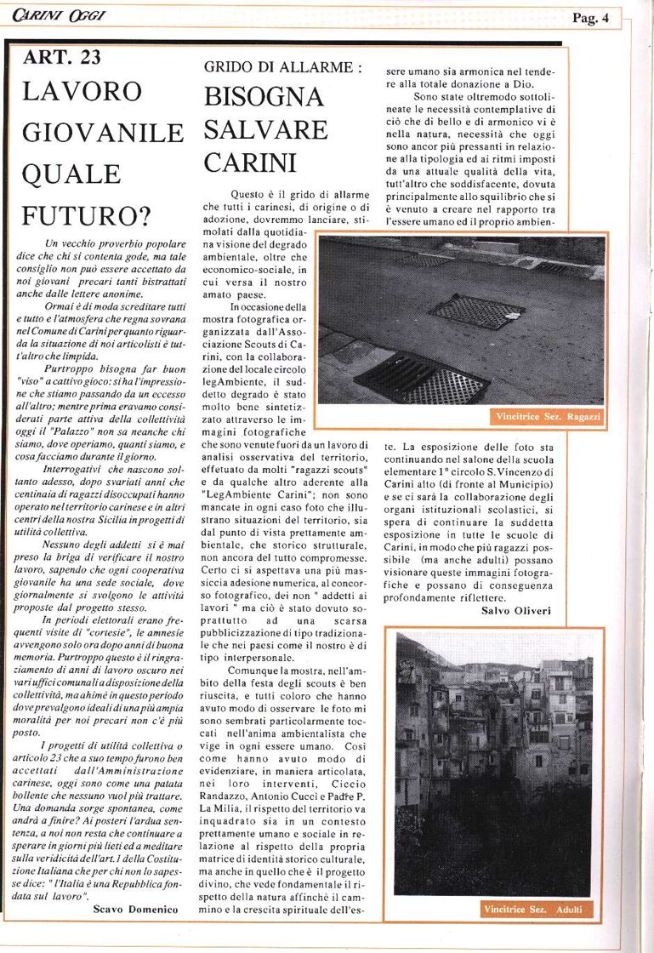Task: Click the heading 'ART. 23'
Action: (x=62, y=57)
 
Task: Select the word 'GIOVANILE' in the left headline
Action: (x=103, y=133)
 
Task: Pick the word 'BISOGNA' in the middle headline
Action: (x=264, y=97)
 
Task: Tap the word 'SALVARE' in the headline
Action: (x=265, y=129)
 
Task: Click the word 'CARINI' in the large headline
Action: (x=250, y=162)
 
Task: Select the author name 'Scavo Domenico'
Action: (x=135, y=910)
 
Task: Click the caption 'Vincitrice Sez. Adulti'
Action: (x=533, y=910)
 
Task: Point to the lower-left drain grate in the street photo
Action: (x=421, y=376)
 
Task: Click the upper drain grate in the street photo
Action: (x=476, y=311)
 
